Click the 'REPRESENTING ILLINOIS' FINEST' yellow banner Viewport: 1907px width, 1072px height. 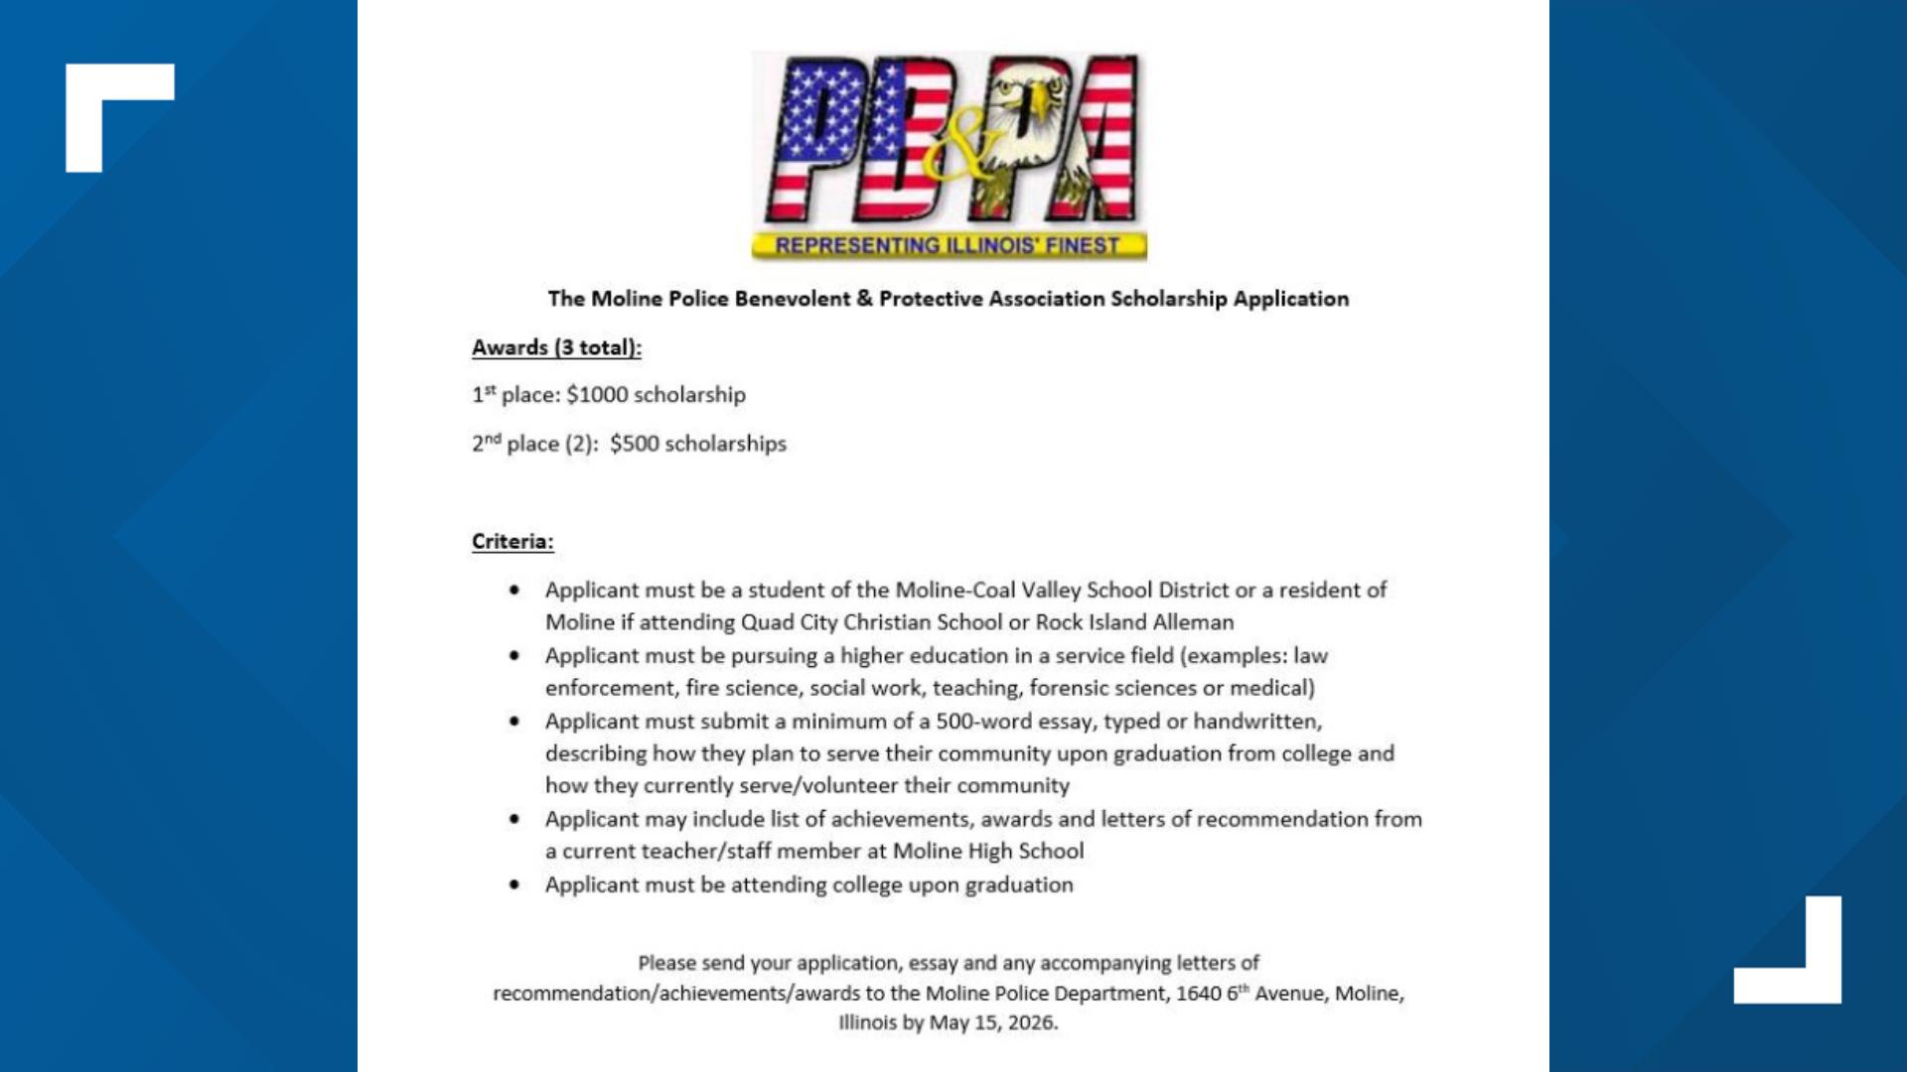(949, 245)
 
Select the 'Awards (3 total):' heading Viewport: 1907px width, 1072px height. (556, 347)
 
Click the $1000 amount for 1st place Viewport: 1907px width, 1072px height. (598, 395)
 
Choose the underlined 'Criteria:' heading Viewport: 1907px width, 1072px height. (513, 541)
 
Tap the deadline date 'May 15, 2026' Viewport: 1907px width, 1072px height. (992, 1022)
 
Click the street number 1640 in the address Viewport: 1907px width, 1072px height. (1198, 993)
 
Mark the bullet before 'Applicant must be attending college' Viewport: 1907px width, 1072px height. (513, 884)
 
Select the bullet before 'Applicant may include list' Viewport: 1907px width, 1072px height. (513, 819)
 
